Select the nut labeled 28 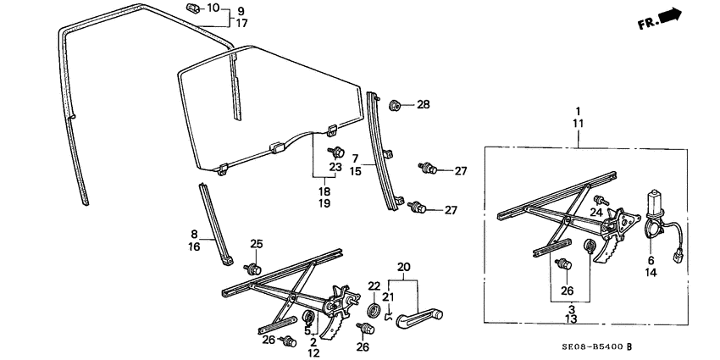396,106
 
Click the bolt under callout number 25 253,268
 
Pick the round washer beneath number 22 373,308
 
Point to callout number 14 651,273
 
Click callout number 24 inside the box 597,212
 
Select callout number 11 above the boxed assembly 578,124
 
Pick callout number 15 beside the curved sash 357,171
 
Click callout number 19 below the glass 324,203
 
